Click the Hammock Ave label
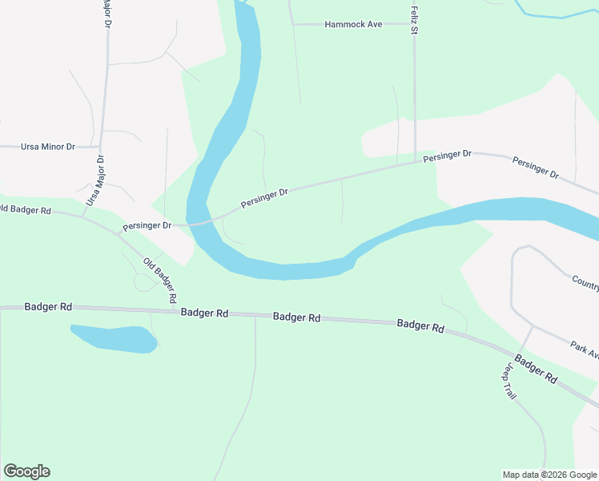point(353,25)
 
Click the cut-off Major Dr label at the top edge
point(105,12)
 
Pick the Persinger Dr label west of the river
point(147,226)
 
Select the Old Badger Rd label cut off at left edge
point(26,210)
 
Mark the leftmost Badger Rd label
point(48,306)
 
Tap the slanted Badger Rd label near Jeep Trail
point(536,369)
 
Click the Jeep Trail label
point(509,382)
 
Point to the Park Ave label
point(585,350)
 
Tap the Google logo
point(26,471)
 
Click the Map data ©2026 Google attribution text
point(549,475)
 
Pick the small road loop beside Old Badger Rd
point(145,281)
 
